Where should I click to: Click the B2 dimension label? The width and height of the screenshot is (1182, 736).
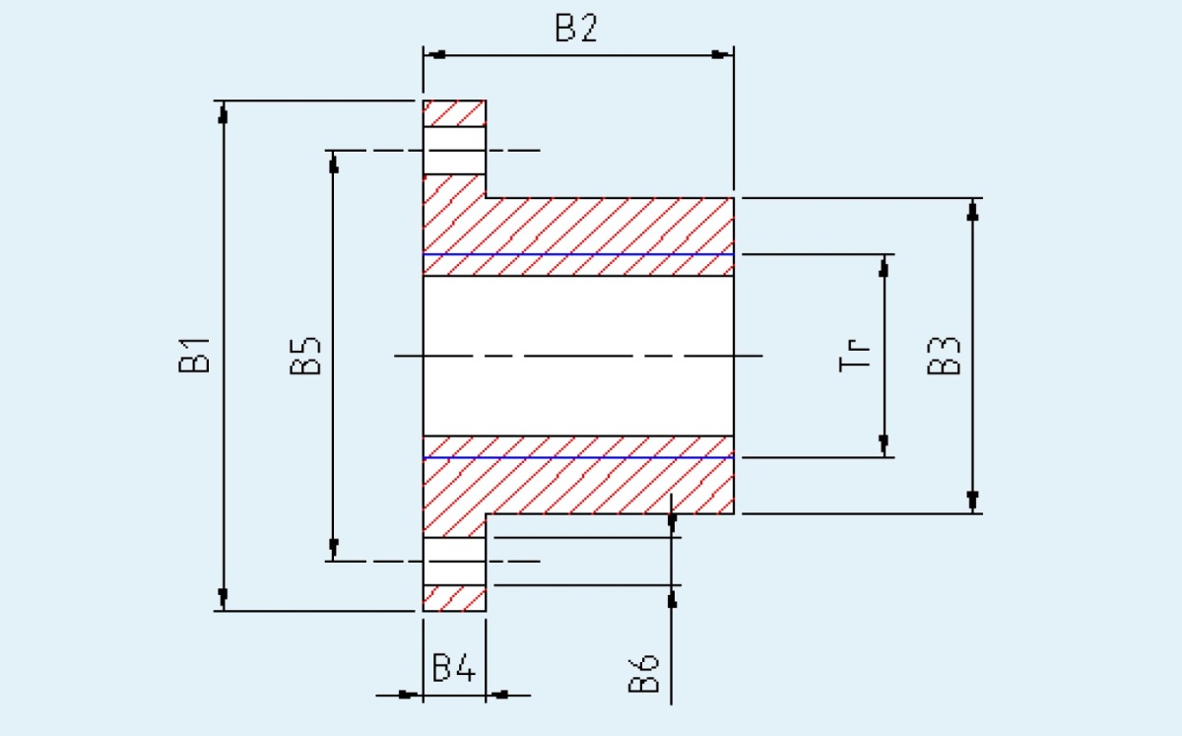576,28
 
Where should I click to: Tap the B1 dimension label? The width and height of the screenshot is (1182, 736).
194,356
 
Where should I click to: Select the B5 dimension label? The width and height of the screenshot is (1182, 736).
305,356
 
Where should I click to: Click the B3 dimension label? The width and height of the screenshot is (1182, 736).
944,356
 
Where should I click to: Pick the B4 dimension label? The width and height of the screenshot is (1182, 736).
454,667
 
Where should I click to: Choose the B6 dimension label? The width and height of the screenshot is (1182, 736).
644,673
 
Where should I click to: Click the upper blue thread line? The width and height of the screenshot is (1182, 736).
578,254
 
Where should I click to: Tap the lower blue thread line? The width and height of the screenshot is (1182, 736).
578,457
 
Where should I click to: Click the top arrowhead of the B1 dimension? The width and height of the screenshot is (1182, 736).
224,112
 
